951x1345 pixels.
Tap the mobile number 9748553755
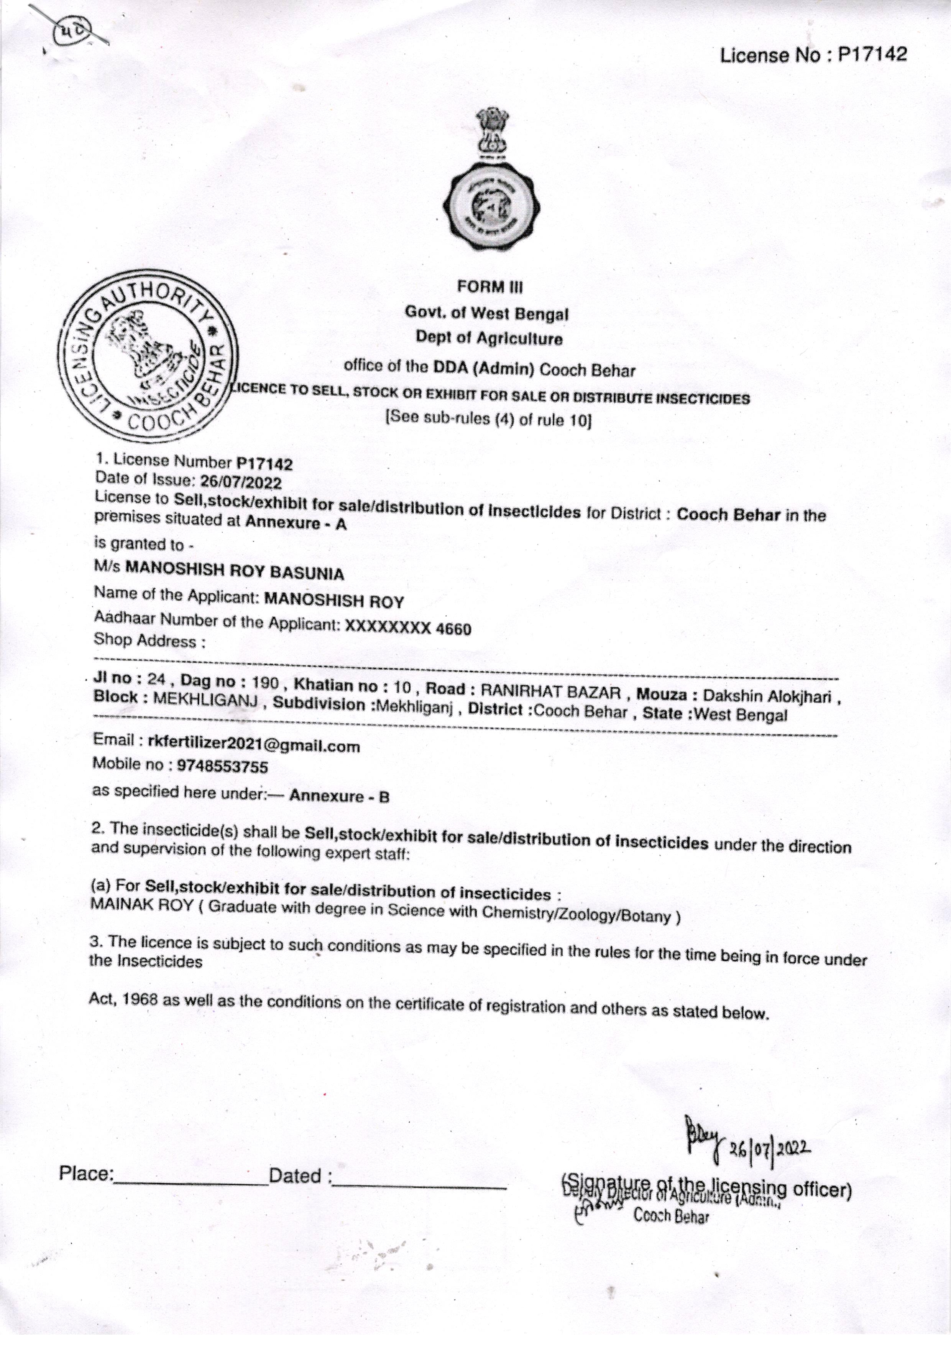point(218,767)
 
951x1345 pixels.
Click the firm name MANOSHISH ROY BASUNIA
point(235,572)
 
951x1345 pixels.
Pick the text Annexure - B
point(340,796)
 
